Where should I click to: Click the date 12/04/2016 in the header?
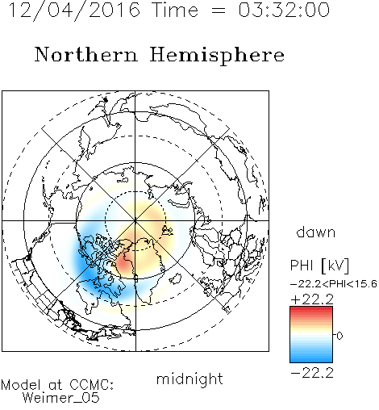pyautogui.click(x=74, y=10)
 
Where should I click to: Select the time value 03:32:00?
pyautogui.click(x=284, y=10)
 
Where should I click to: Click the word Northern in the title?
pyautogui.click(x=86, y=54)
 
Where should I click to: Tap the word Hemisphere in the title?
pyautogui.click(x=217, y=56)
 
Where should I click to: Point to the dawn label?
pyautogui.click(x=316, y=232)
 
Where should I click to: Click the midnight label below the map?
pyautogui.click(x=189, y=379)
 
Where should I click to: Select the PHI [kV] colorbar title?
pyautogui.click(x=319, y=266)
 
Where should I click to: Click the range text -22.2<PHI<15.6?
pyautogui.click(x=334, y=284)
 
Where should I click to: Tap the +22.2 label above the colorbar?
pyautogui.click(x=312, y=299)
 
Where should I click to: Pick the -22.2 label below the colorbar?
pyautogui.click(x=312, y=373)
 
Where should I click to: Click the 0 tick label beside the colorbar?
pyautogui.click(x=339, y=336)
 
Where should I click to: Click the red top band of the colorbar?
pyautogui.click(x=311, y=311)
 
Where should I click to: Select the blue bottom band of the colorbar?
pyautogui.click(x=311, y=358)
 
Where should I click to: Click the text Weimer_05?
pyautogui.click(x=60, y=397)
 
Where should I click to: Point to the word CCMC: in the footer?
pyautogui.click(x=91, y=385)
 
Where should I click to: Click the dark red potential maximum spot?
pyautogui.click(x=124, y=262)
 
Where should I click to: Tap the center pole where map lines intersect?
pyautogui.click(x=135, y=221)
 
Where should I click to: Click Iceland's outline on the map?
pyautogui.click(x=175, y=278)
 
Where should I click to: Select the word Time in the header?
pyautogui.click(x=175, y=10)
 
